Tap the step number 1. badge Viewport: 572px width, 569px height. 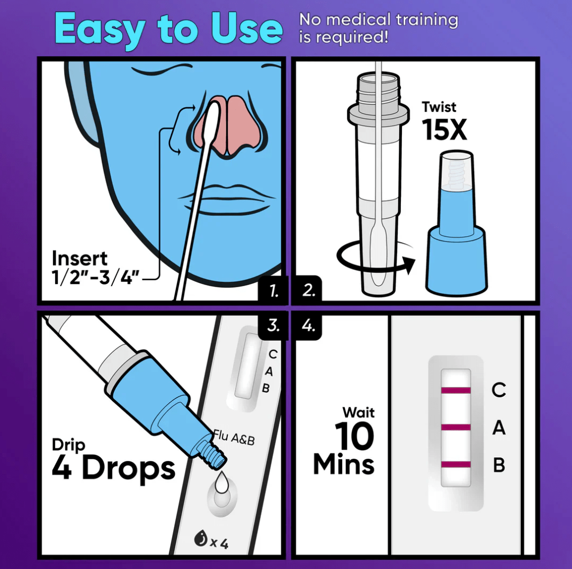(274, 290)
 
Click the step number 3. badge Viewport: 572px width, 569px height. (273, 325)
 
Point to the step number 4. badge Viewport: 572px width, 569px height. (308, 325)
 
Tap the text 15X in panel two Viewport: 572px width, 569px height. (444, 129)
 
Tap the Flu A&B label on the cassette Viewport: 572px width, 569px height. (234, 437)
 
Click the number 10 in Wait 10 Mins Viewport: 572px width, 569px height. (354, 437)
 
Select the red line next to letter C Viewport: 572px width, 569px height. (455, 391)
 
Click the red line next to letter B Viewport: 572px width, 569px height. (455, 465)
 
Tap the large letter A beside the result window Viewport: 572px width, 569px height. (498, 428)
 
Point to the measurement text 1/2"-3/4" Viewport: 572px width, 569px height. (95, 277)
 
